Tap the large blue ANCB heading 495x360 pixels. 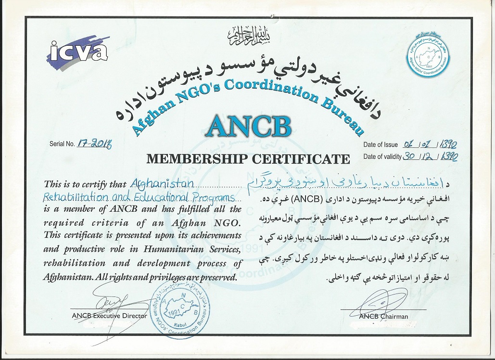(x=249, y=125)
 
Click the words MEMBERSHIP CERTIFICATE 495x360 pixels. (x=249, y=158)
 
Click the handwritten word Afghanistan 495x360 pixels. (x=162, y=184)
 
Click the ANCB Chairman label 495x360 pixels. (x=383, y=316)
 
